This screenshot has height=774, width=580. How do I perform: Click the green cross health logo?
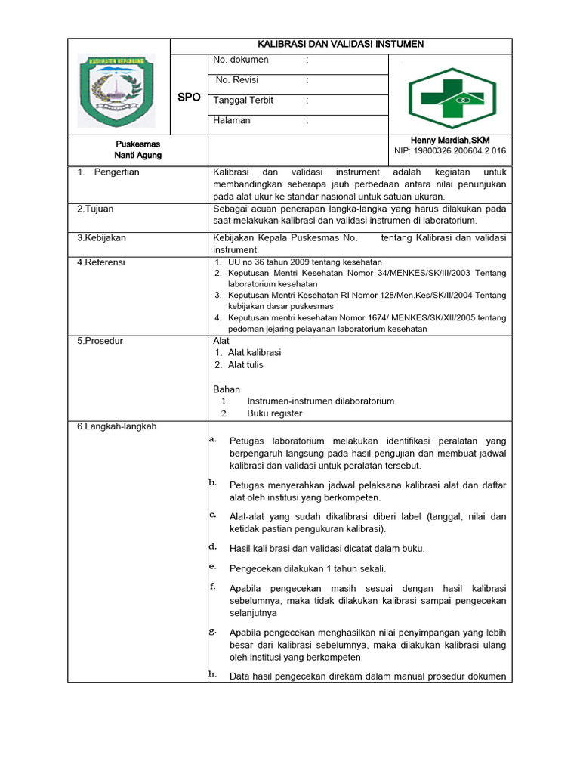click(452, 94)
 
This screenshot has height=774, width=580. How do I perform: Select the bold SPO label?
click(189, 98)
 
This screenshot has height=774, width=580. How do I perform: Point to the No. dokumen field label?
click(241, 60)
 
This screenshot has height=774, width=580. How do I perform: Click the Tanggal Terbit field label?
click(243, 100)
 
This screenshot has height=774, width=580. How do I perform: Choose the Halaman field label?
click(232, 120)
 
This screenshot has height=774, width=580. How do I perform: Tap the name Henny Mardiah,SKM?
click(449, 141)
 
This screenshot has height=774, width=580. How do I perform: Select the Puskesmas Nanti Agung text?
click(137, 149)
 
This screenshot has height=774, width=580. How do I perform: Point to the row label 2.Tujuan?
click(95, 209)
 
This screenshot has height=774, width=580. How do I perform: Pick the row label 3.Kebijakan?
click(101, 237)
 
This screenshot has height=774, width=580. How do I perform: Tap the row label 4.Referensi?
click(101, 262)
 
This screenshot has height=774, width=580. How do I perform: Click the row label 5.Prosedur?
click(100, 341)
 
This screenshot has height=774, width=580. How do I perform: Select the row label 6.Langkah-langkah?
click(116, 426)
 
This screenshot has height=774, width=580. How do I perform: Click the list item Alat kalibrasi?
click(255, 352)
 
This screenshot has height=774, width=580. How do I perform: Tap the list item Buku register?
click(274, 413)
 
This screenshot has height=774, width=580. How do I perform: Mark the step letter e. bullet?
click(213, 566)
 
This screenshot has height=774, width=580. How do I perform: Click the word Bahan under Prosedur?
click(227, 389)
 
